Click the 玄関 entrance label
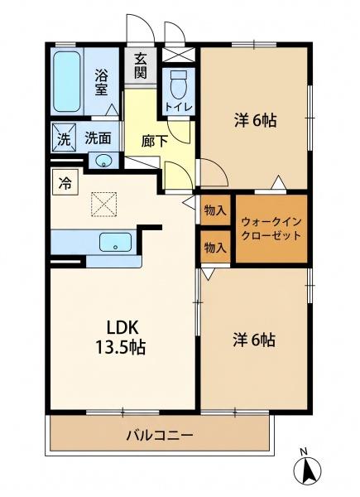tap(140, 66)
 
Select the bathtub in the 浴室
tap(66, 81)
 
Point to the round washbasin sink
tap(103, 161)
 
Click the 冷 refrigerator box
tap(65, 182)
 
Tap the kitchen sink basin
tap(115, 243)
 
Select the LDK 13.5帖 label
tap(121, 338)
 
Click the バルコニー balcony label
tap(160, 435)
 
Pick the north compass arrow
tap(307, 470)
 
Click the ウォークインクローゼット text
tap(271, 229)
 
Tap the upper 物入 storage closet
tap(215, 210)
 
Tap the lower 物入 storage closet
tap(215, 247)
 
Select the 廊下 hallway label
tap(154, 142)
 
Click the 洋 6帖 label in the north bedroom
tap(256, 120)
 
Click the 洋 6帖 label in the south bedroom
tap(254, 340)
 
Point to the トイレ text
tap(179, 107)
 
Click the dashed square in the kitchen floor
tap(103, 204)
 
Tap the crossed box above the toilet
tap(178, 55)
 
